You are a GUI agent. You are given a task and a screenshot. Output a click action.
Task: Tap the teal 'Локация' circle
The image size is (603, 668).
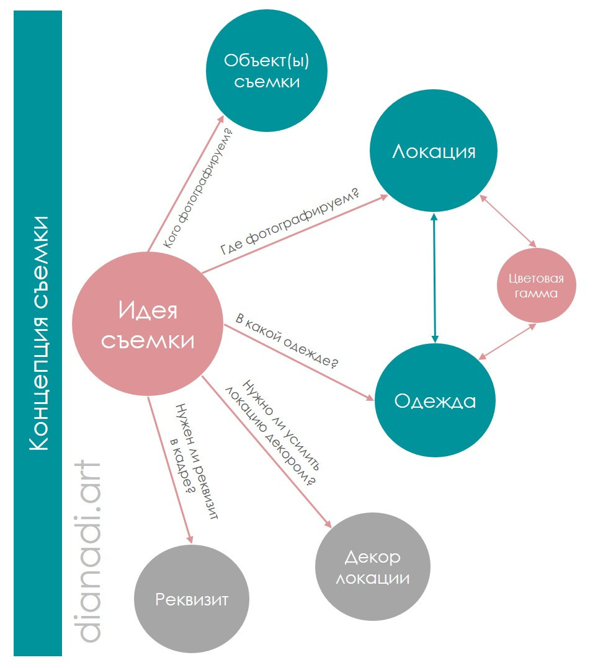click(433, 152)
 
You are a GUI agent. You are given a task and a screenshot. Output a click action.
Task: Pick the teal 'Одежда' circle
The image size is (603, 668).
click(435, 401)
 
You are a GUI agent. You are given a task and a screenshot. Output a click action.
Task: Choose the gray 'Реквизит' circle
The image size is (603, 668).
click(192, 599)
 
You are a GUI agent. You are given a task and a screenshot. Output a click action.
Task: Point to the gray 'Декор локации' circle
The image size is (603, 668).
click(373, 568)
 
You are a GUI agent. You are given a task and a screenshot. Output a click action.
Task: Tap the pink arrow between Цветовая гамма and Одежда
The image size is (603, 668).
click(507, 341)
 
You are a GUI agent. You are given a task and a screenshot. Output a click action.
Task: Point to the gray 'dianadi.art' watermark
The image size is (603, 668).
click(83, 552)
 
